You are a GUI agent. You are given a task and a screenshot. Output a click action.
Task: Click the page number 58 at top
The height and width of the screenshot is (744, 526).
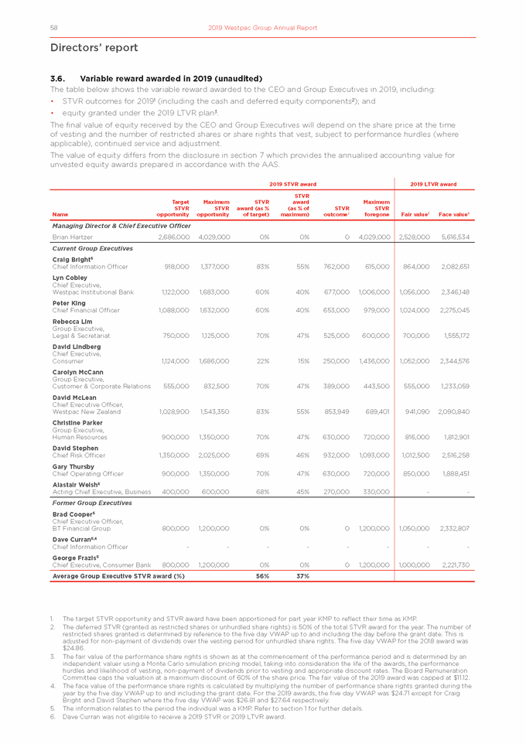54,28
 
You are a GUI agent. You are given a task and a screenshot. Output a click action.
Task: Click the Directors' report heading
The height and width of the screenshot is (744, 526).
94,48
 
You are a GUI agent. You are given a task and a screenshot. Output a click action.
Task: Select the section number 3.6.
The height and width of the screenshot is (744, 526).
59,78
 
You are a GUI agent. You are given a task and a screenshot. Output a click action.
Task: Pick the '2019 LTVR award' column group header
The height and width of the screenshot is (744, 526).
433,183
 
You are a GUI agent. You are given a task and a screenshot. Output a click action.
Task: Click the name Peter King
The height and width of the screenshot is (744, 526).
67,305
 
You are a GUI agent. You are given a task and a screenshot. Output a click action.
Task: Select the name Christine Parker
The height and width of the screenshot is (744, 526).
78,425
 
